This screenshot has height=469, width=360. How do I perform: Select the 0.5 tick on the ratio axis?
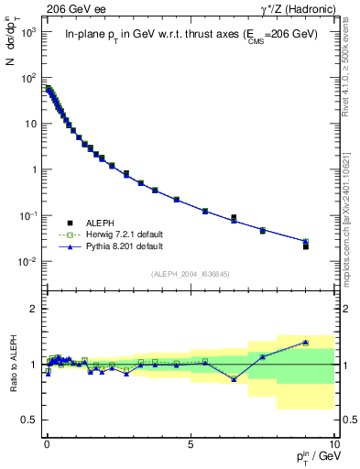[x=27, y=420]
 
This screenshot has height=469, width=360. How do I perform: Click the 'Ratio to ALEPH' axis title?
[x=12, y=364]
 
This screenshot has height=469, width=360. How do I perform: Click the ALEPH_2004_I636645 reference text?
[x=190, y=274]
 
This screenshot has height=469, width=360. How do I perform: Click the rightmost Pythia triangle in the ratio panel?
[x=306, y=342]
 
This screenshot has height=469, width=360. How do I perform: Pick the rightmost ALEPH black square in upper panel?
[x=306, y=246]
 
